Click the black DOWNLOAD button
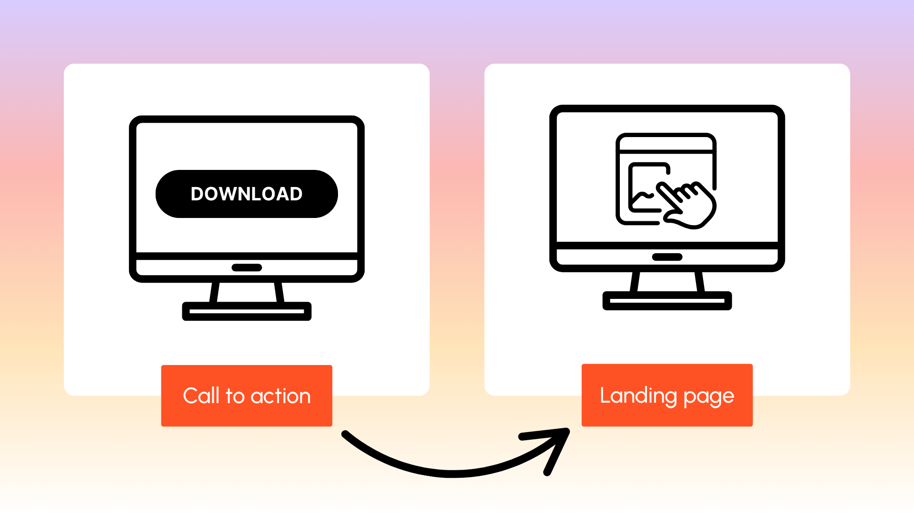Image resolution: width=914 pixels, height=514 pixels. [x=247, y=194]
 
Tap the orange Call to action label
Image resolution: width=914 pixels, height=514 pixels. [x=247, y=395]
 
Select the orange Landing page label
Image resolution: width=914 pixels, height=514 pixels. [x=667, y=395]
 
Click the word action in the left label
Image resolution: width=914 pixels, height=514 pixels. [x=280, y=396]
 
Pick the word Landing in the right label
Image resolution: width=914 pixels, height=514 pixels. [x=638, y=395]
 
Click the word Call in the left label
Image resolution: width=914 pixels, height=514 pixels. [x=201, y=396]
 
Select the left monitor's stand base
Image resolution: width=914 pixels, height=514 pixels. [x=247, y=311]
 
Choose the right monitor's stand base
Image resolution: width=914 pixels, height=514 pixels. [x=667, y=301]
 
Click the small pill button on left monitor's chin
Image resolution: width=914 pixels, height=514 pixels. [x=247, y=267]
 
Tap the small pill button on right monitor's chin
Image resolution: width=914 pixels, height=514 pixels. [x=667, y=257]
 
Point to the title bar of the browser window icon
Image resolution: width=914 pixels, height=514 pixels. [x=666, y=143]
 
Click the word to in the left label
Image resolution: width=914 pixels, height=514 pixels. [x=235, y=396]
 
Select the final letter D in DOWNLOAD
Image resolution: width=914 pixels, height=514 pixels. [x=296, y=194]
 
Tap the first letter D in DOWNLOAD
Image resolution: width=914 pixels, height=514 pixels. [x=198, y=194]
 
